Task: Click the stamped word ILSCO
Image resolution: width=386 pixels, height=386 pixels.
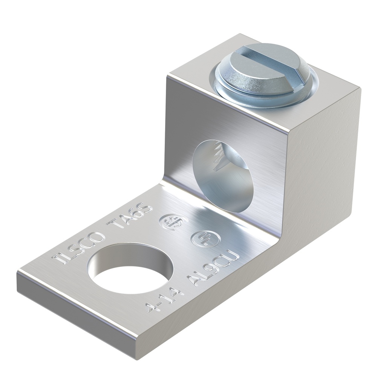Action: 80,247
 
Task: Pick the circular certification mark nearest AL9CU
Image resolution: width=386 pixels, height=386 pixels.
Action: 201,238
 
